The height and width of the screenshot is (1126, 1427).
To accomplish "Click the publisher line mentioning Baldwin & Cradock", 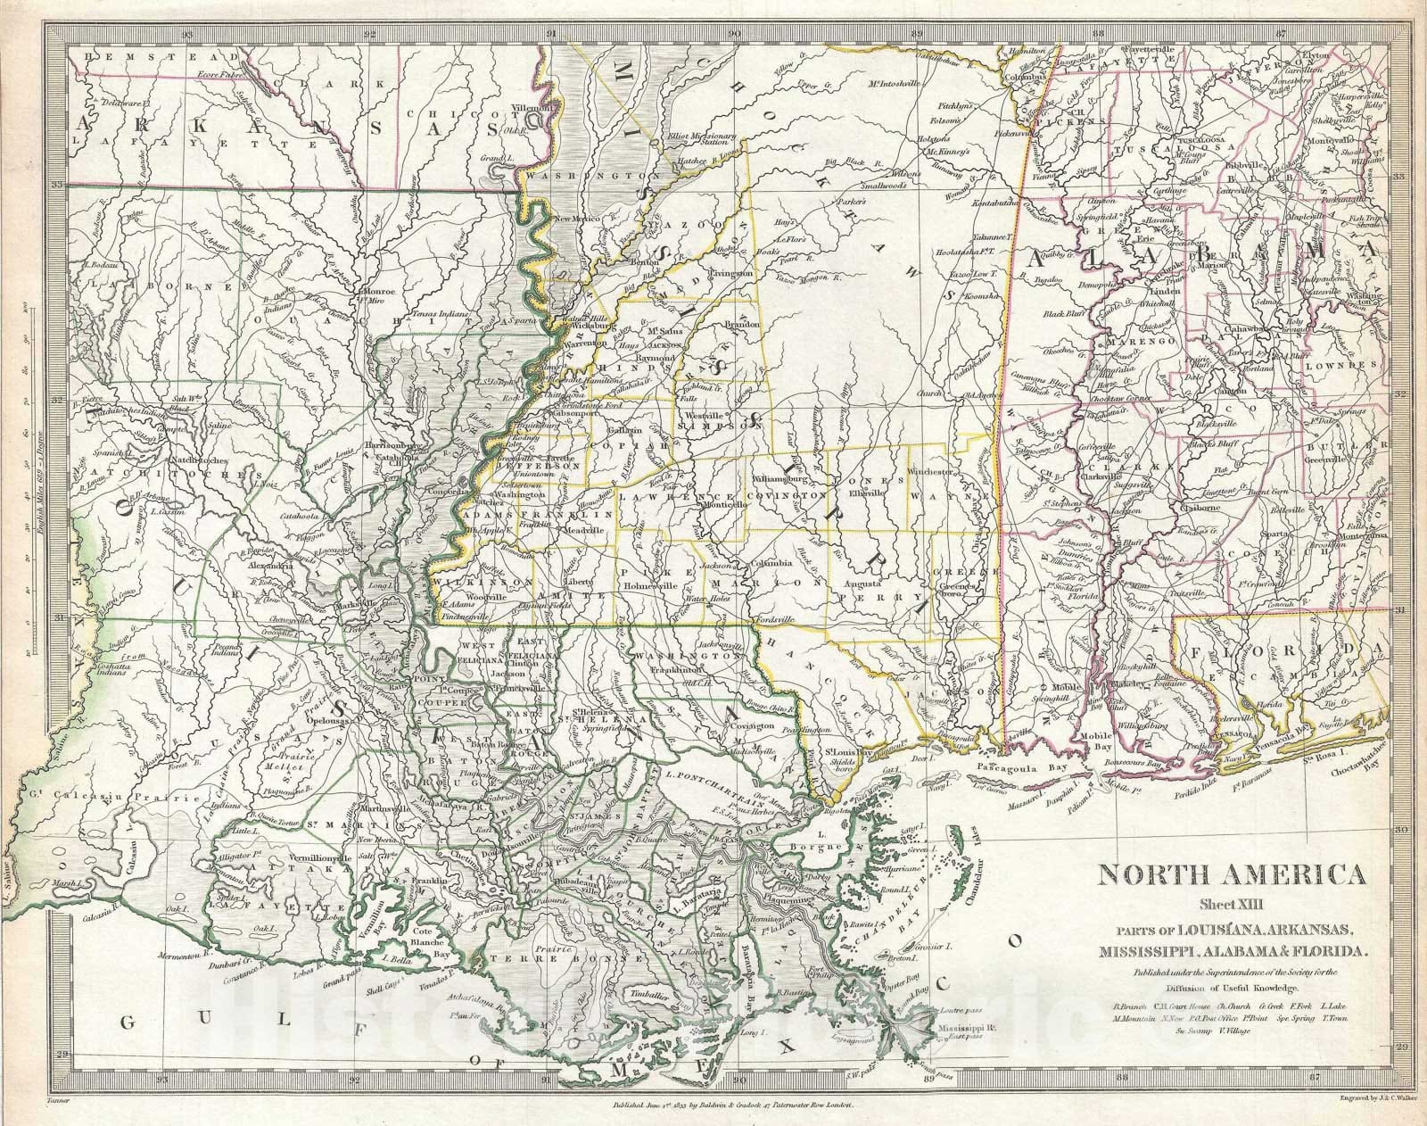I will click(x=733, y=1105).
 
